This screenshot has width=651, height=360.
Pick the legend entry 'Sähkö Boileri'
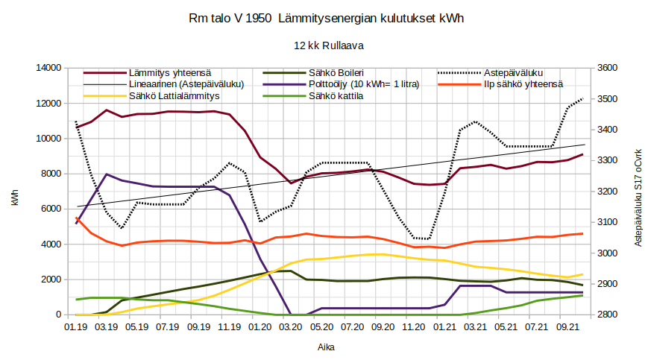tap(336, 73)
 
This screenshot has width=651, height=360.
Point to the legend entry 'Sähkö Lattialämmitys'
tap(173, 96)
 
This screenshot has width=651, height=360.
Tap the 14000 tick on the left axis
tap(48, 68)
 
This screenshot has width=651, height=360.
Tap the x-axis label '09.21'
tap(568, 326)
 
